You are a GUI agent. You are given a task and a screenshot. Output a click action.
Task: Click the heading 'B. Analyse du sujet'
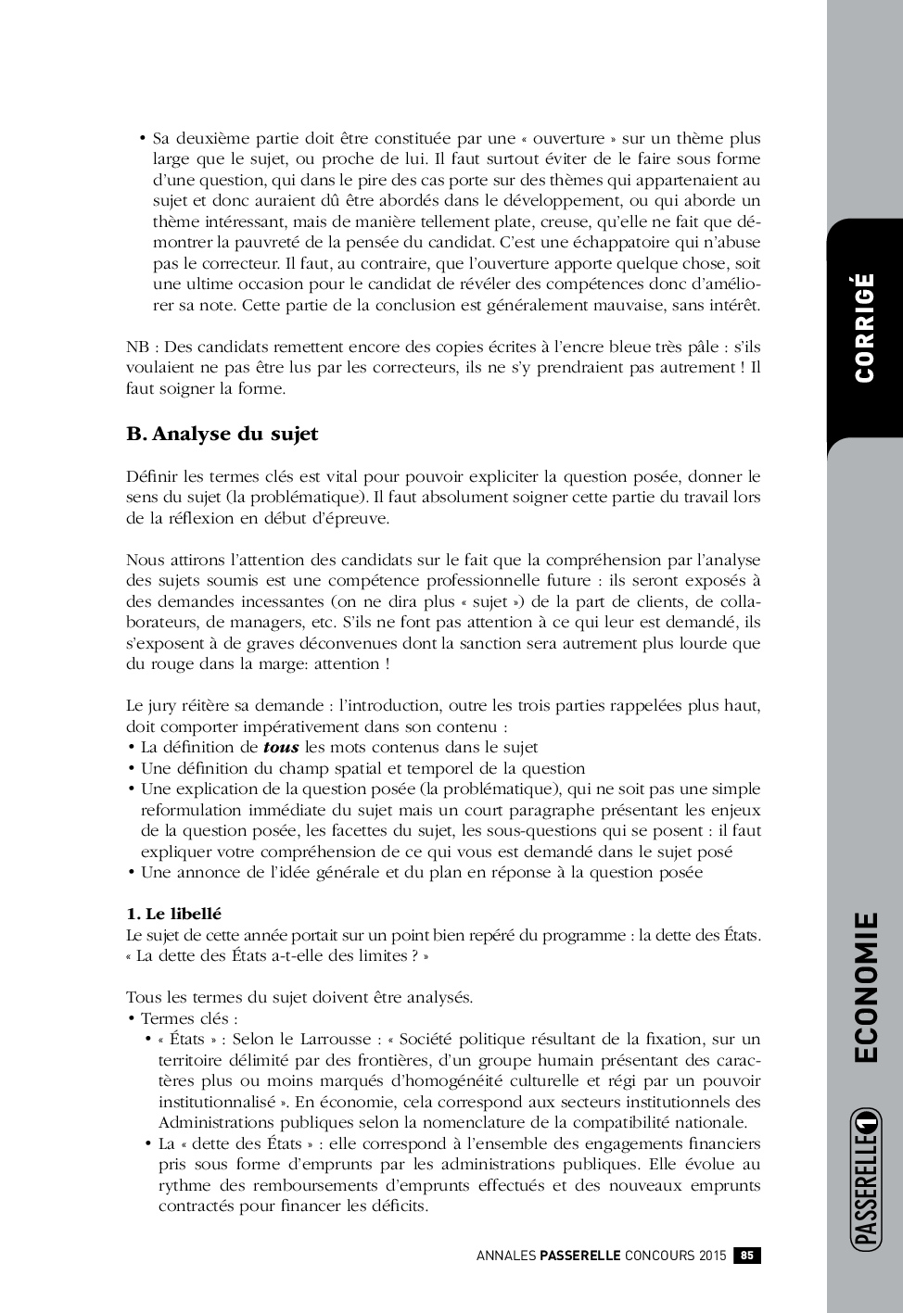[x=222, y=434]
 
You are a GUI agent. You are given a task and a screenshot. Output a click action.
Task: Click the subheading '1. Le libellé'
[x=173, y=914]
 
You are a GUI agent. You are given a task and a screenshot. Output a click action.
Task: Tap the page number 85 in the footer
[x=747, y=1256]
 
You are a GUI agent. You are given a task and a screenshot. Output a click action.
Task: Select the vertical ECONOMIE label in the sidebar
[x=864, y=987]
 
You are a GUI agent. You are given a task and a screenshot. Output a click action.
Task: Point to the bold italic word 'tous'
[x=281, y=747]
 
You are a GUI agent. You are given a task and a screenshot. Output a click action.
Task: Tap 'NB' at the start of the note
[x=136, y=347]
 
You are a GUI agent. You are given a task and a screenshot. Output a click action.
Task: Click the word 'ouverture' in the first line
[x=570, y=138]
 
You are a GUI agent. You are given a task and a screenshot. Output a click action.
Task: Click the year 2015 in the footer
[x=711, y=1256]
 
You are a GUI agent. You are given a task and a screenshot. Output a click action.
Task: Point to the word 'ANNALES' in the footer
[x=505, y=1256]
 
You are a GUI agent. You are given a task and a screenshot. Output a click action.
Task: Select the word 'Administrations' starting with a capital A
[x=215, y=1122]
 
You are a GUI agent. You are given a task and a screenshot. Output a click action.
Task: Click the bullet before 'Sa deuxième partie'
[x=143, y=139]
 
